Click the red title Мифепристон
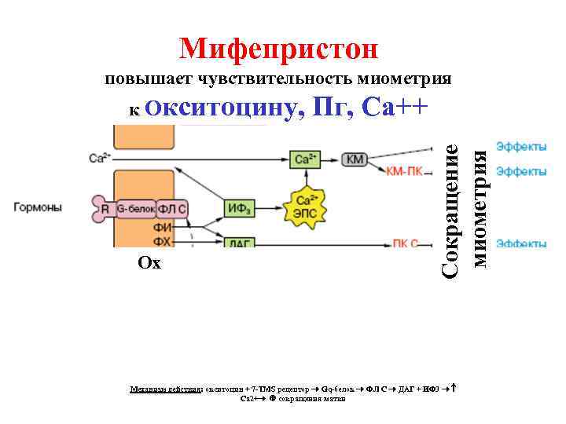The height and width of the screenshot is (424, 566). (278, 49)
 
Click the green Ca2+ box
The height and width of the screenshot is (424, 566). (303, 159)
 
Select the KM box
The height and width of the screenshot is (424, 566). (355, 159)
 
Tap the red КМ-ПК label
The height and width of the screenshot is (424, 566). (406, 171)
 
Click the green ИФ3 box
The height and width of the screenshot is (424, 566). (238, 207)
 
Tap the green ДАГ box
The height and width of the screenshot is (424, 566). (238, 243)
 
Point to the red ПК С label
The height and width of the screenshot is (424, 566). (405, 243)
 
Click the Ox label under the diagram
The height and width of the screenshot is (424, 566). (149, 264)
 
